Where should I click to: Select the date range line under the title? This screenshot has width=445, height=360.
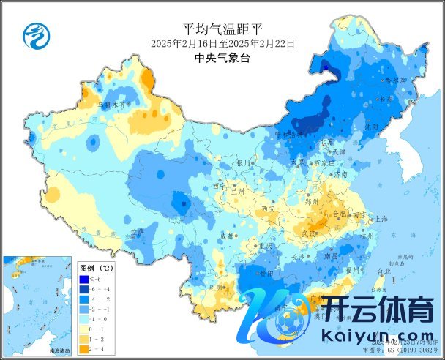click(x=222, y=44)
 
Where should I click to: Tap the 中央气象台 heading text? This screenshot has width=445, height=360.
click(x=222, y=59)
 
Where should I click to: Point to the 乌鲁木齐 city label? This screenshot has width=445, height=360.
click(x=112, y=105)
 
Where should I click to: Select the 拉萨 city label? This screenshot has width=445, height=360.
click(x=137, y=231)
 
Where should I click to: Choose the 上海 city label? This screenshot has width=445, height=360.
click(x=381, y=219)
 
